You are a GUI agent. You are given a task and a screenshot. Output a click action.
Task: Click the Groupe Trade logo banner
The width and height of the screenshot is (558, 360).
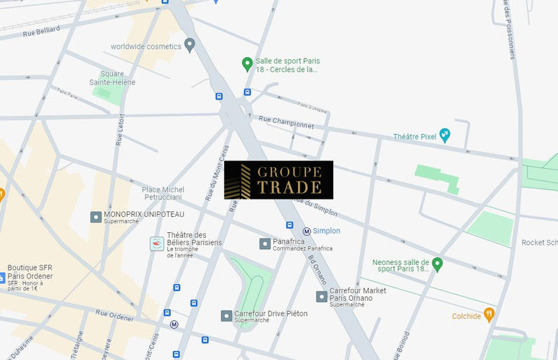click(x=278, y=180)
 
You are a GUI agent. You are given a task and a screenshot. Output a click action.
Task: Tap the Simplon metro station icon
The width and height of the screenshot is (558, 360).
click(x=306, y=231)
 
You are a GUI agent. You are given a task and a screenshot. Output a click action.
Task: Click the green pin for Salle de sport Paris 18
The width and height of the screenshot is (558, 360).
click(x=246, y=64)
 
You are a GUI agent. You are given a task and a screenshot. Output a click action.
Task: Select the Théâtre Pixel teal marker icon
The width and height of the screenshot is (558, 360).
click(x=444, y=136)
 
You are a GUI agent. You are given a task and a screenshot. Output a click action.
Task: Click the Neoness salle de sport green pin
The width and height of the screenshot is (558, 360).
click(x=437, y=264)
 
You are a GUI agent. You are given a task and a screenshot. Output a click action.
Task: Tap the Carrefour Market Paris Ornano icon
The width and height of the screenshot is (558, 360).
click(x=321, y=297)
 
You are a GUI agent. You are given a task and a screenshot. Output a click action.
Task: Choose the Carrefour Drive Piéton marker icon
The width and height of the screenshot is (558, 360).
click(x=226, y=316)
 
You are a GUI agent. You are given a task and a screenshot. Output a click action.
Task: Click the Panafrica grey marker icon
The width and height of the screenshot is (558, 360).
click(x=264, y=243)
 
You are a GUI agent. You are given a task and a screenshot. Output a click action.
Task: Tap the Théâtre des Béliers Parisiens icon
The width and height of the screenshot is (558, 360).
click(x=157, y=243)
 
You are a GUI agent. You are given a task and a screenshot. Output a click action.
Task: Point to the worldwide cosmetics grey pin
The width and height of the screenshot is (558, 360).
click(x=190, y=45)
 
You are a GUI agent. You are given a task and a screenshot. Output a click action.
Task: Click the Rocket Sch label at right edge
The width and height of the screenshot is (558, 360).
click(x=539, y=243)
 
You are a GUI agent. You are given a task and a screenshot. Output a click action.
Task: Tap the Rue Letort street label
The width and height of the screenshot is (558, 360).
click(x=121, y=128)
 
